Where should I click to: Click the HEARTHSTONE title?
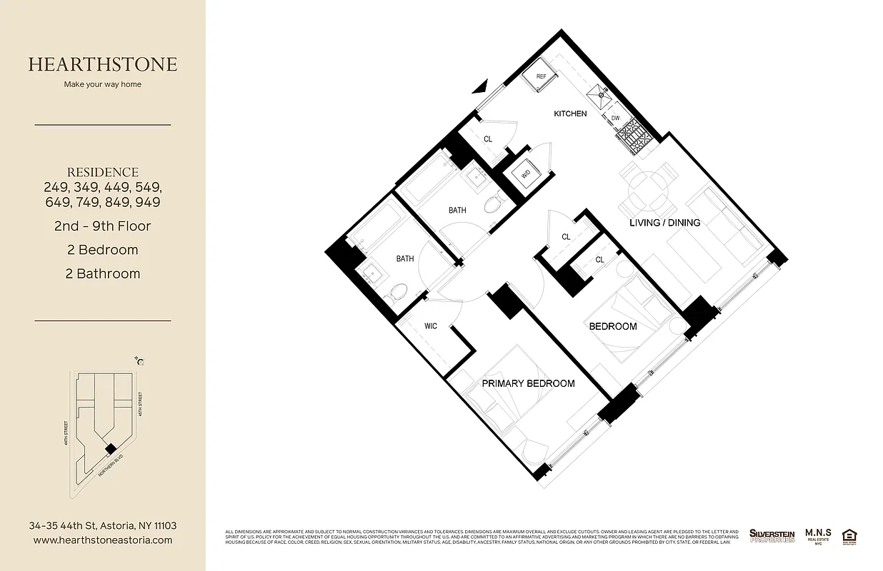click(103, 64)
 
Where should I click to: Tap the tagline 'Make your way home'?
click(103, 84)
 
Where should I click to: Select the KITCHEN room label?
click(571, 113)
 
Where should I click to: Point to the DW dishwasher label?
click(615, 118)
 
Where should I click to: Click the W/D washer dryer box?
click(526, 173)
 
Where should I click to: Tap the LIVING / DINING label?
click(664, 223)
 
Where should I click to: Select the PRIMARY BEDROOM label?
click(528, 383)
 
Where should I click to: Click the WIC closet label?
click(431, 326)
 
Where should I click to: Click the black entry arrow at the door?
click(482, 87)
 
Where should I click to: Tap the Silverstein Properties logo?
click(772, 535)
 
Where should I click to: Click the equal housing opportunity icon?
click(849, 535)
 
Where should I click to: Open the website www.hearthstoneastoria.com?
click(103, 540)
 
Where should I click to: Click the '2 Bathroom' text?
click(103, 273)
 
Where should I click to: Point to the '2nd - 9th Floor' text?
click(103, 226)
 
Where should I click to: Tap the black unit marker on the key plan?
click(109, 448)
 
